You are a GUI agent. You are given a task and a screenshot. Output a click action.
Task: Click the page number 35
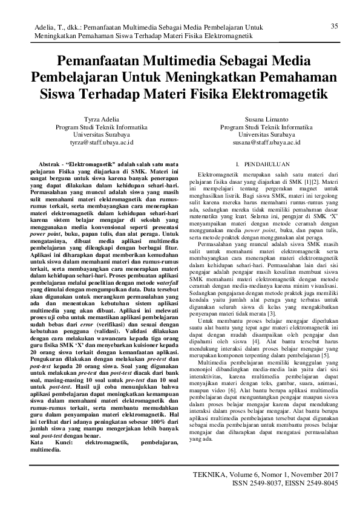(334, 25)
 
